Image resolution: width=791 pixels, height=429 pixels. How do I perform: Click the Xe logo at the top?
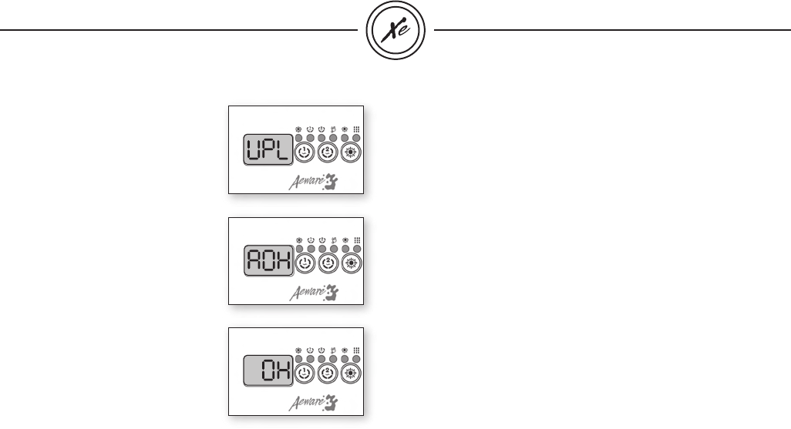pos(396,31)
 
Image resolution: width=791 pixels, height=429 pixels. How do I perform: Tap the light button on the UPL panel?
pos(352,151)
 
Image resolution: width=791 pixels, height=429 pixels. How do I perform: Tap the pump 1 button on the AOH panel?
pos(305,263)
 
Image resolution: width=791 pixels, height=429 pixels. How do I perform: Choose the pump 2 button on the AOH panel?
pos(328,263)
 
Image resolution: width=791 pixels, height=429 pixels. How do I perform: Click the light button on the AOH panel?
pos(352,263)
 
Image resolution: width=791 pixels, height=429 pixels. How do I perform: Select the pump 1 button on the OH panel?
pos(305,376)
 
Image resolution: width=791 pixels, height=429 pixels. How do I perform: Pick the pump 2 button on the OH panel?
pos(328,376)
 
